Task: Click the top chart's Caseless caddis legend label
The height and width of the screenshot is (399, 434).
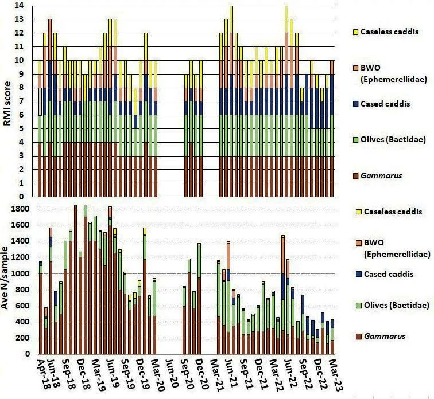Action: (x=389, y=32)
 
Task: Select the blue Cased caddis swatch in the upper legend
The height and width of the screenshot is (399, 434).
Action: (x=356, y=104)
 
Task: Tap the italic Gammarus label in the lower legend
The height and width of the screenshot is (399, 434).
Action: (x=385, y=337)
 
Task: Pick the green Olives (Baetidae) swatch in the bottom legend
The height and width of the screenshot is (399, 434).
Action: (x=359, y=306)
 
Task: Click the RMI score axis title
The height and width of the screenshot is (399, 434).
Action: (x=7, y=103)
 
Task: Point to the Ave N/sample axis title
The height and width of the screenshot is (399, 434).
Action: (x=5, y=277)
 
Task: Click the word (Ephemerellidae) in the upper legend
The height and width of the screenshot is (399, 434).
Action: (x=394, y=80)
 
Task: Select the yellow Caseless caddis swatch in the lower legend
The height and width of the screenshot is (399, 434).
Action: (x=359, y=212)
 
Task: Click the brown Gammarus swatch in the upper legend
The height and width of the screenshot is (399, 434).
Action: (x=356, y=176)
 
